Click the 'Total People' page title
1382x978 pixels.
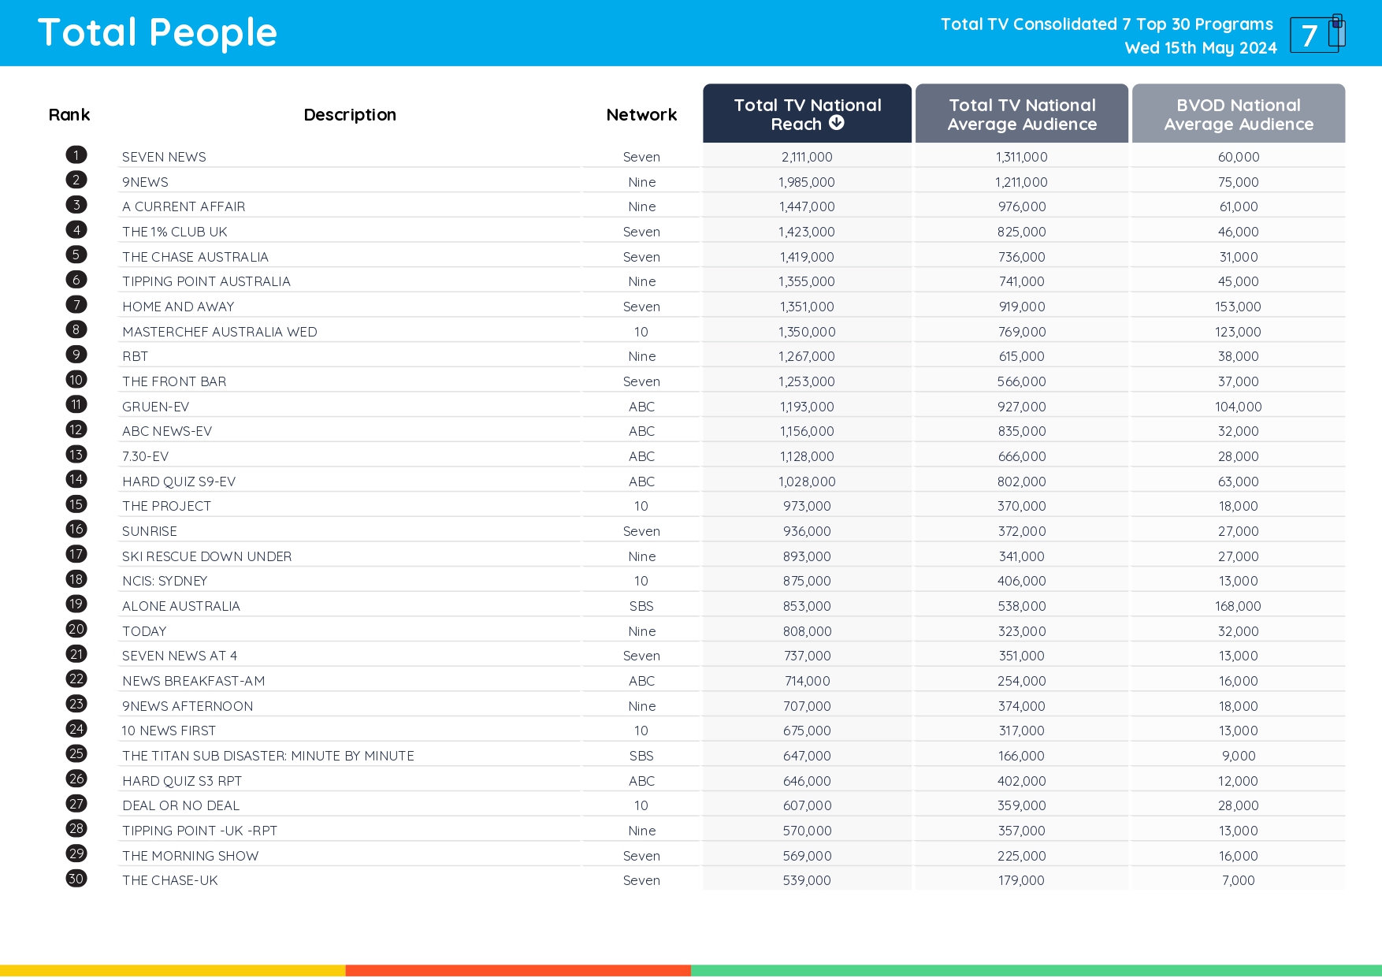pos(158,33)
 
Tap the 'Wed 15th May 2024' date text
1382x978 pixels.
pos(1200,48)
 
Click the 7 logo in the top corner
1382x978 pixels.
pos(1317,34)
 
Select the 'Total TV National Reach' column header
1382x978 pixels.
pos(807,113)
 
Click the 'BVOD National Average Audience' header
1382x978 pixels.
pos(1238,114)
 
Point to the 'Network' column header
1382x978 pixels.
pos(641,115)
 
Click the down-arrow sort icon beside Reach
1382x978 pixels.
pos(837,123)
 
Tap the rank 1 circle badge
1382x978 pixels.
pos(76,155)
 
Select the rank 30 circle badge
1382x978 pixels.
pos(76,879)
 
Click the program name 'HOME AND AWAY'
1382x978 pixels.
pos(178,307)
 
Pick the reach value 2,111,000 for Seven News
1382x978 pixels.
pos(807,157)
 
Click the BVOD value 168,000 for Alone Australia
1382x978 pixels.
pos(1238,606)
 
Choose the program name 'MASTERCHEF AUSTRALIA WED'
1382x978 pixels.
pos(219,332)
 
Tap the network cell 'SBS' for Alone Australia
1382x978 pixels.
pos(641,606)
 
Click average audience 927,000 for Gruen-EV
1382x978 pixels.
pos(1021,407)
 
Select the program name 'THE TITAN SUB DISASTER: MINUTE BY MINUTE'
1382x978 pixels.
pos(268,756)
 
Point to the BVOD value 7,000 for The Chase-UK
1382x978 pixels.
pos(1238,880)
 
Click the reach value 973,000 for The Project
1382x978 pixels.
pos(807,506)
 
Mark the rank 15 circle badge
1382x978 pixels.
pos(76,504)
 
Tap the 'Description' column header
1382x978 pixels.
pos(350,115)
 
